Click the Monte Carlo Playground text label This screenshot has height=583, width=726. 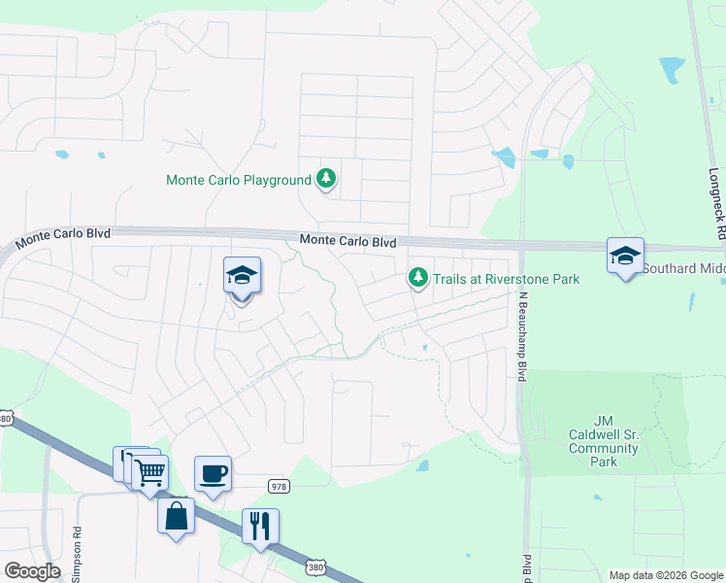click(x=238, y=180)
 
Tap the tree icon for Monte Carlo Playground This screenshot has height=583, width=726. click(x=327, y=178)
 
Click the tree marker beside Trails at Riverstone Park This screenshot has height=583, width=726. click(x=418, y=279)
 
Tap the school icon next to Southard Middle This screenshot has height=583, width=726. click(x=626, y=257)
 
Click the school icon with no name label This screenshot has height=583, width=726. click(x=242, y=277)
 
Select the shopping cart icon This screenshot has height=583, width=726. click(x=149, y=474)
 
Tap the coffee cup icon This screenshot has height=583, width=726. click(x=214, y=474)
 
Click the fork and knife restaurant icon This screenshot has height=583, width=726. click(x=260, y=526)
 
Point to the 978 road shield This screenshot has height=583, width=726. click(x=279, y=485)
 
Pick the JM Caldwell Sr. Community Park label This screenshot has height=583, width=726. click(x=604, y=441)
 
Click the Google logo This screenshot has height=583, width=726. click(x=33, y=571)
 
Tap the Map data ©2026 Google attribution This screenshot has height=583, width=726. click(x=666, y=575)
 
